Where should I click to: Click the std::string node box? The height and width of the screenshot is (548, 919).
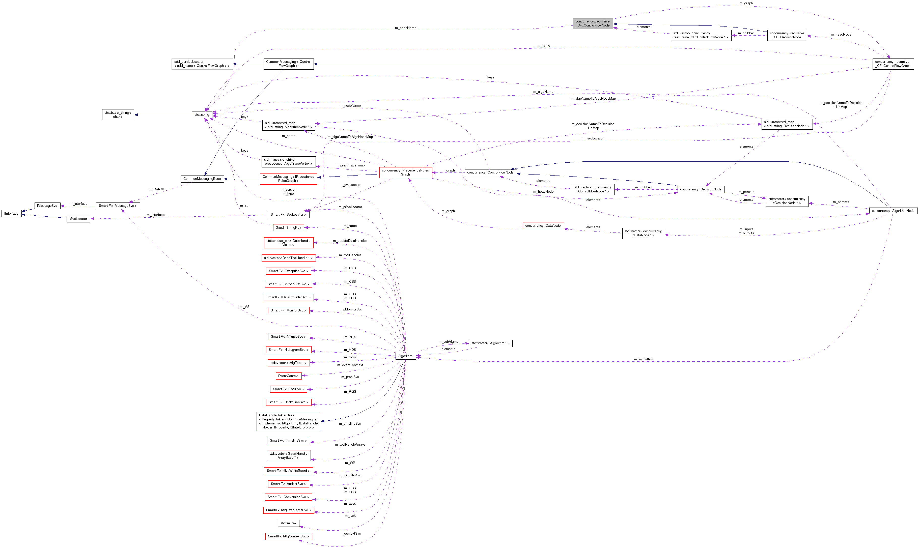(x=202, y=115)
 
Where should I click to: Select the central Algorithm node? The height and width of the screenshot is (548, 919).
(x=405, y=356)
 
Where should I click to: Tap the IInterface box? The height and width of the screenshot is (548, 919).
(x=11, y=213)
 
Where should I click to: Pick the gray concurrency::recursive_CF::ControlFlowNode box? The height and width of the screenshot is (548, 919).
(x=593, y=24)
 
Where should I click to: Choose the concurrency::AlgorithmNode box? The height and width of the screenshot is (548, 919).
(x=893, y=211)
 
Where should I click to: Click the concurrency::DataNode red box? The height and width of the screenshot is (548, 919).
(x=543, y=226)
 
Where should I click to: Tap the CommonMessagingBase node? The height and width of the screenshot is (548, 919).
(x=202, y=179)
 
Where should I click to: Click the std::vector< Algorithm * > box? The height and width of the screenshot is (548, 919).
(x=490, y=343)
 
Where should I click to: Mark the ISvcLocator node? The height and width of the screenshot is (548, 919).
(x=78, y=219)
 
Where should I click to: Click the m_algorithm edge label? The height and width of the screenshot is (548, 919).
(x=643, y=359)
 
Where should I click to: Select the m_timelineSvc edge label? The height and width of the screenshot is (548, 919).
(x=350, y=424)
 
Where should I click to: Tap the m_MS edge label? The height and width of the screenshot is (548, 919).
(x=244, y=307)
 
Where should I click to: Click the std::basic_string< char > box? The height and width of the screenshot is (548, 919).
(x=118, y=115)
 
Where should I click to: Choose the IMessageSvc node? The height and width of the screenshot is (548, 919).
(x=47, y=206)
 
